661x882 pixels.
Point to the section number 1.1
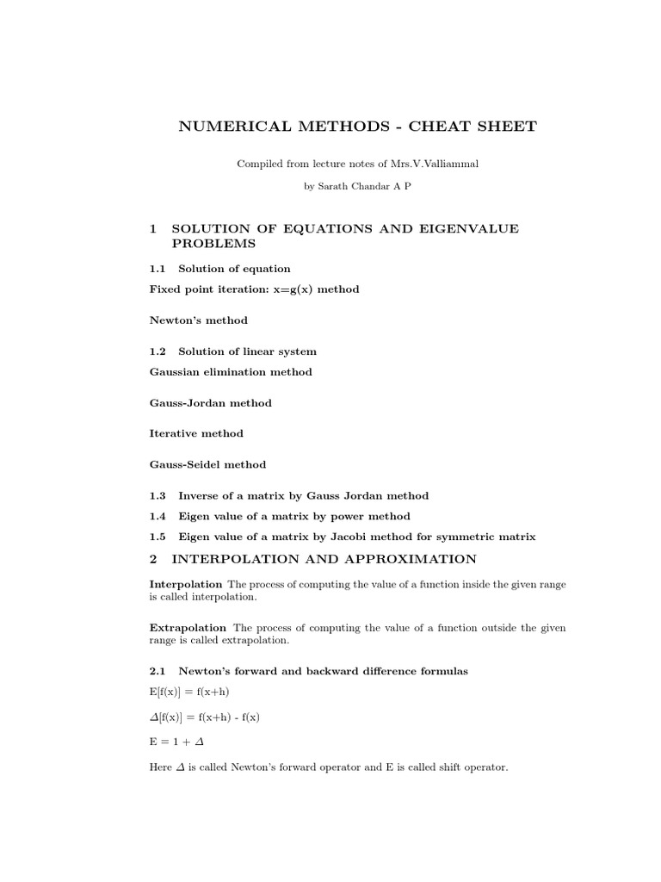(x=158, y=269)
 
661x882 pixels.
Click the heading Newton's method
(x=199, y=320)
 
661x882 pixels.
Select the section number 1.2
(x=158, y=351)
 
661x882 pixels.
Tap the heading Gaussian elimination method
(x=231, y=372)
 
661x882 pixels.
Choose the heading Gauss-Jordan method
(x=211, y=403)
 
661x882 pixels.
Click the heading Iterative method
(x=196, y=433)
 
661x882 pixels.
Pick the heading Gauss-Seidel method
(x=207, y=464)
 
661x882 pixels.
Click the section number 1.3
(x=158, y=496)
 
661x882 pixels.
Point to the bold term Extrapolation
(x=188, y=627)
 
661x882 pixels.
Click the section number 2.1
(x=158, y=671)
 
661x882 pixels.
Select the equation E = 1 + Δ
(x=176, y=740)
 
